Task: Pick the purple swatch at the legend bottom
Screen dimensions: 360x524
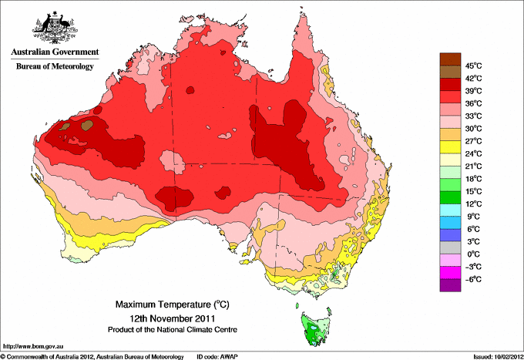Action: point(449,285)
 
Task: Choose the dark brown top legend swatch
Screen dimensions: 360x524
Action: point(449,59)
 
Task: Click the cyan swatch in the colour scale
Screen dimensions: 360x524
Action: point(449,210)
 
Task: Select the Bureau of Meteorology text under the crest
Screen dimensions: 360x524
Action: point(55,67)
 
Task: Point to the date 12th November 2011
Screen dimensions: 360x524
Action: point(172,318)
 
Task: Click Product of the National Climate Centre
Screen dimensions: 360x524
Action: point(172,330)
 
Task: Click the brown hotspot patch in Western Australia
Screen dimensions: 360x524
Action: point(87,123)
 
